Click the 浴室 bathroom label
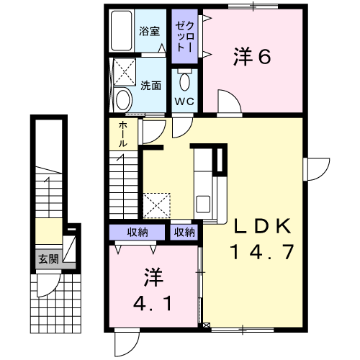coord(148,32)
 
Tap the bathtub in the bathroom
coord(124,30)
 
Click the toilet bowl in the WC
coord(185,79)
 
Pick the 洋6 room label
coord(251,57)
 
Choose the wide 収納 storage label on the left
coord(138,232)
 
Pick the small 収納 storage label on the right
coord(184,232)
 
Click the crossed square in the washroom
coord(123,72)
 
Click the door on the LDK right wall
coord(313,168)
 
